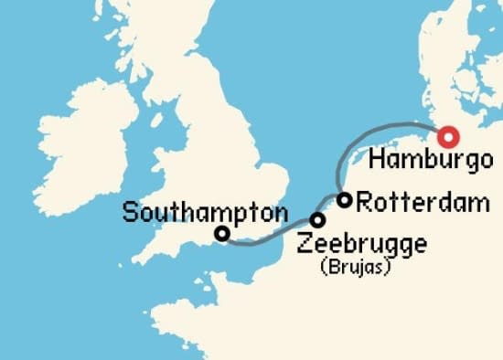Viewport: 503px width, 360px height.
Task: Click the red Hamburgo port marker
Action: pyautogui.click(x=447, y=138)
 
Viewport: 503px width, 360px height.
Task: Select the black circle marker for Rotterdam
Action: pyautogui.click(x=345, y=200)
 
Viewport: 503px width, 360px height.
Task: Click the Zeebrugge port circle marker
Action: pyautogui.click(x=317, y=220)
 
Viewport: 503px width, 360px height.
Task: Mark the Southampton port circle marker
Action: pyautogui.click(x=221, y=234)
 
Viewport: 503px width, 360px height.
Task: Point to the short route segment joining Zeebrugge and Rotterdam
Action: pyautogui.click(x=330, y=208)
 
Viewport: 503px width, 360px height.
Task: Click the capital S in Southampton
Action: pyautogui.click(x=129, y=214)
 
